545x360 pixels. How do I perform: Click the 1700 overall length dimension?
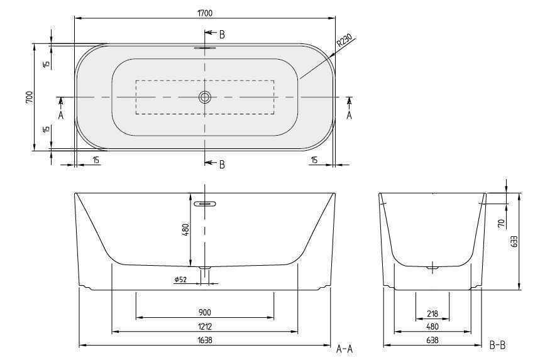(204, 11)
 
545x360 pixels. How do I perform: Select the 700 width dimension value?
(29, 97)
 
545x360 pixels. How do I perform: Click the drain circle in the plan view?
(204, 97)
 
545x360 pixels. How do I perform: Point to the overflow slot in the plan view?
(204, 47)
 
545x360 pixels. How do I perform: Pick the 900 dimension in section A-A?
(204, 312)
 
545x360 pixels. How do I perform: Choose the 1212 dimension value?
(204, 326)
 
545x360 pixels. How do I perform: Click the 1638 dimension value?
(204, 340)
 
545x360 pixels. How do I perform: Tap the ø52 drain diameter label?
(181, 280)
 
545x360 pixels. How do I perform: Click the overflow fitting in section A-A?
(205, 204)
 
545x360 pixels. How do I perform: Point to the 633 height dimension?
(515, 241)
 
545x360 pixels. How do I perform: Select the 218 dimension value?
(432, 312)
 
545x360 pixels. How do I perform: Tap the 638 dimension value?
(432, 340)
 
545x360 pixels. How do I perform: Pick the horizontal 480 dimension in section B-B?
(432, 326)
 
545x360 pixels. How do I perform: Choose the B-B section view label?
(497, 344)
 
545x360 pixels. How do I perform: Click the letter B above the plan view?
(221, 34)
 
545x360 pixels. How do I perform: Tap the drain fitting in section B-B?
(432, 269)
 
